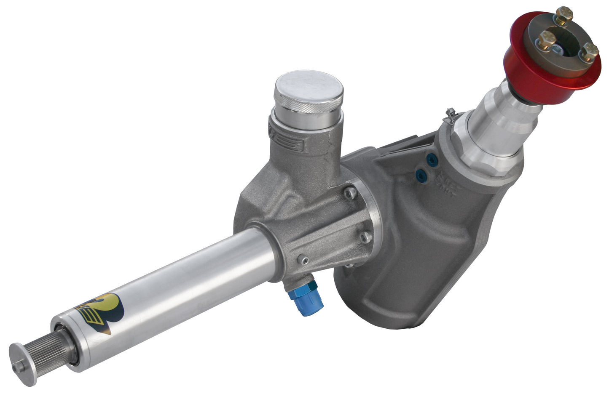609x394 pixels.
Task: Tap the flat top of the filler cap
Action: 309,90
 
